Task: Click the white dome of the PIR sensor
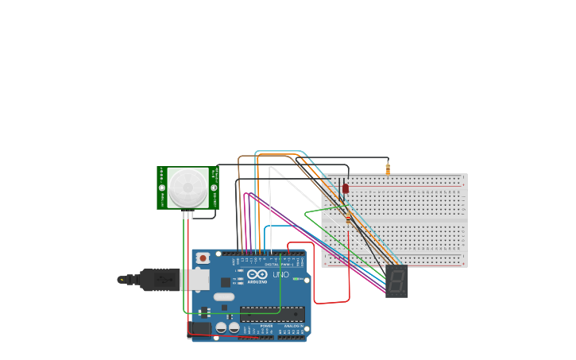click(x=188, y=188)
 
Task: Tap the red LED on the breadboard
click(x=346, y=188)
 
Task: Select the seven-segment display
click(x=396, y=281)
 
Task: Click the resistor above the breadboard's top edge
click(x=388, y=168)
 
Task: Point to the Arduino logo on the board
click(x=257, y=275)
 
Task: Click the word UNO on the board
click(x=280, y=275)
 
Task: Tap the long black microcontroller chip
click(x=272, y=314)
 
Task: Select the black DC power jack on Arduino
click(x=200, y=328)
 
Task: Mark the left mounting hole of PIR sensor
click(x=162, y=188)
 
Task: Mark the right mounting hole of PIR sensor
click(x=214, y=188)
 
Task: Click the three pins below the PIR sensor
click(x=187, y=214)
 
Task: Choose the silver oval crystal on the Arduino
click(x=224, y=297)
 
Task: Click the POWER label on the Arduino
click(x=266, y=326)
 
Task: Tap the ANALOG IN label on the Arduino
click(x=292, y=326)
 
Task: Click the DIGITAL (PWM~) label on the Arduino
click(x=273, y=264)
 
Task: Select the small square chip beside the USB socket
click(x=226, y=282)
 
